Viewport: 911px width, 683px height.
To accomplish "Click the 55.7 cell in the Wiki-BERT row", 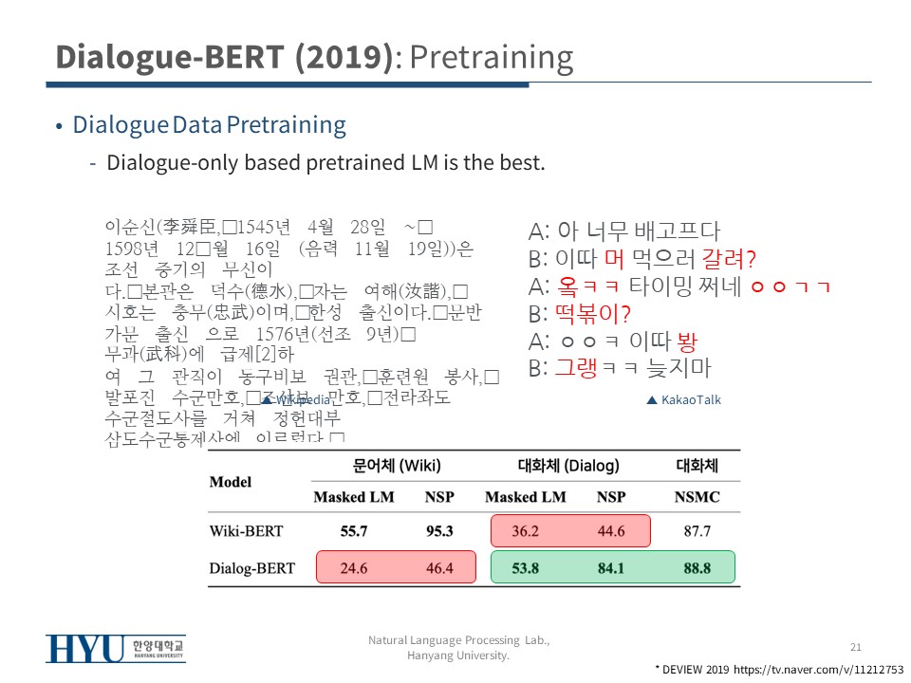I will tap(354, 531).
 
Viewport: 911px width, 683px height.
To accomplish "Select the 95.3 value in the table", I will tap(439, 531).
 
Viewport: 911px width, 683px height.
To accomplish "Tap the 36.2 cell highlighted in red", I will tap(525, 531).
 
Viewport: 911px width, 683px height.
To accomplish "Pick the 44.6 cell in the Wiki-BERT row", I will tap(611, 531).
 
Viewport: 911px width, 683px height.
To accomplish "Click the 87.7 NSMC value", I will tap(697, 531).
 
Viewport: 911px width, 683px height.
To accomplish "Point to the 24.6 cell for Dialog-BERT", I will tap(354, 568).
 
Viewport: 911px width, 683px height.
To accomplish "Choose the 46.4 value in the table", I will tap(439, 568).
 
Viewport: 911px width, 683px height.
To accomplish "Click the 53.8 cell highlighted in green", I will tap(525, 568).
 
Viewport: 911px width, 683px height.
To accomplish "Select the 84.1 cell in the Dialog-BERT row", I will tap(611, 568).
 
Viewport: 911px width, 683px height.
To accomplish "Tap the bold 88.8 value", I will tap(697, 568).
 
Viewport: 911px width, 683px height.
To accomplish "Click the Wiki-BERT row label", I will tap(246, 531).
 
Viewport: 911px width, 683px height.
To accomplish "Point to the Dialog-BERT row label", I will tap(251, 568).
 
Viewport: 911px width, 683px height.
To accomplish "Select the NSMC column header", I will tap(697, 497).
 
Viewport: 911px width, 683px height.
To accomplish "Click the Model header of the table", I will tap(231, 482).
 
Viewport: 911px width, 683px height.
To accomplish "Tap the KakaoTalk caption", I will tap(690, 400).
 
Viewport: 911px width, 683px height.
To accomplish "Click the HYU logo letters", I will tap(84, 649).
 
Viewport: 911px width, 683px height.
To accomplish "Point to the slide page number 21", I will tap(855, 647).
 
